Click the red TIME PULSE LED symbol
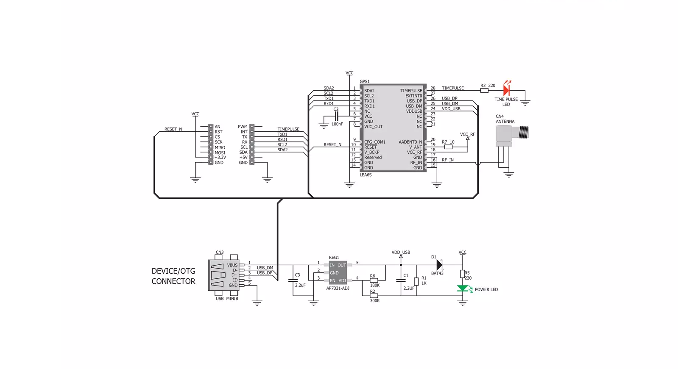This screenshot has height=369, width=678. pyautogui.click(x=506, y=90)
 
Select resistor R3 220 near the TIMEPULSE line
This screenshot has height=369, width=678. pyautogui.click(x=484, y=90)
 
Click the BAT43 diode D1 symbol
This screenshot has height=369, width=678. pyautogui.click(x=439, y=265)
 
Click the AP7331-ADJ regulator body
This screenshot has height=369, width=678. pyautogui.click(x=338, y=272)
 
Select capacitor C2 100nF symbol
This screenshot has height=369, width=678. pyautogui.click(x=336, y=117)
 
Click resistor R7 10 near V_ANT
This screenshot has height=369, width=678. pyautogui.click(x=448, y=147)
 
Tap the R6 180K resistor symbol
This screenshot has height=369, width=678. pyautogui.click(x=374, y=280)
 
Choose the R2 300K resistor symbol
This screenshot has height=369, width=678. pyautogui.click(x=374, y=296)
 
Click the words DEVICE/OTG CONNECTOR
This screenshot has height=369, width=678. pyautogui.click(x=173, y=276)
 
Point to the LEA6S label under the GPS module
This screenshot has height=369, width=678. pyautogui.click(x=366, y=175)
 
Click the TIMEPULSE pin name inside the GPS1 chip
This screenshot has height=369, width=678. pyautogui.click(x=411, y=91)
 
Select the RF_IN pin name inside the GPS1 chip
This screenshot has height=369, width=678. pyautogui.click(x=416, y=162)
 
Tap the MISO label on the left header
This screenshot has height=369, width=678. pyautogui.click(x=220, y=147)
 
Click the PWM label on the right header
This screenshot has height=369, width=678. pyautogui.click(x=243, y=127)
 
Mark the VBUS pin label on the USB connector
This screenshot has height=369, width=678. pyautogui.click(x=232, y=265)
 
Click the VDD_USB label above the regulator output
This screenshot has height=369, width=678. pyautogui.click(x=401, y=252)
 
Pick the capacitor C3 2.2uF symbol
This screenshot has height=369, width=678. pyautogui.click(x=293, y=280)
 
